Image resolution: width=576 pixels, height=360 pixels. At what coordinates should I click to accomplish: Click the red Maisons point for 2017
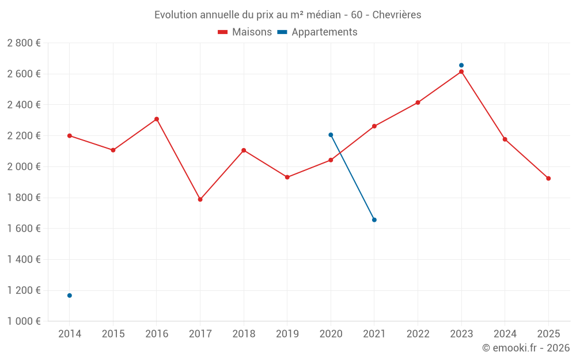click(x=200, y=199)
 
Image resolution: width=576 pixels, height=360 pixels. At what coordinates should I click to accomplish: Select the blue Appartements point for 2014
click(x=70, y=295)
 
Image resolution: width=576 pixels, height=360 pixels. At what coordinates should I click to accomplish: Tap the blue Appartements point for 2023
click(x=461, y=65)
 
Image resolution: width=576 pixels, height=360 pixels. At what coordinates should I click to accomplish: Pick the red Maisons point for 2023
click(x=461, y=71)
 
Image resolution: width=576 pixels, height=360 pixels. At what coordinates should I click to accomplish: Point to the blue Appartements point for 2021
click(x=374, y=220)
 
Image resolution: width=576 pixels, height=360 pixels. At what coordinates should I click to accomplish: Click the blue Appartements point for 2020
click(x=331, y=135)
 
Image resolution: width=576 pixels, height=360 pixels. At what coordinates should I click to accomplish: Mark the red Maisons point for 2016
click(x=157, y=119)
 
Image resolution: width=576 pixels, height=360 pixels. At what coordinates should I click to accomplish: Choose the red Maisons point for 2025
click(x=548, y=179)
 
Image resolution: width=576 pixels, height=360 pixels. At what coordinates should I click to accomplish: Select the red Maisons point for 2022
click(x=418, y=103)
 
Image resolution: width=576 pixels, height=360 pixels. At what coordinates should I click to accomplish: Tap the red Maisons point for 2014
click(x=70, y=136)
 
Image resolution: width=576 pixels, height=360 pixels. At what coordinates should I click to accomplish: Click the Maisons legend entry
click(x=245, y=32)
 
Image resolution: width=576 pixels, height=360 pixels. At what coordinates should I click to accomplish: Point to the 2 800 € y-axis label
click(x=24, y=43)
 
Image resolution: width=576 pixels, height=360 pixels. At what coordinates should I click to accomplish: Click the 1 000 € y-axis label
click(x=24, y=321)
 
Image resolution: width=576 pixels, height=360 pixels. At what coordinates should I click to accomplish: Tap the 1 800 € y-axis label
click(x=24, y=198)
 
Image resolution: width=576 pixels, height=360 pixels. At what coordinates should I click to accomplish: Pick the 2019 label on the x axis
click(x=287, y=334)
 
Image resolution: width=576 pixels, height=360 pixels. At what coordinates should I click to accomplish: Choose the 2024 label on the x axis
click(x=505, y=334)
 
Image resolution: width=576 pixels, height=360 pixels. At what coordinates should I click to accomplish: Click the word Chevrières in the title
click(x=397, y=15)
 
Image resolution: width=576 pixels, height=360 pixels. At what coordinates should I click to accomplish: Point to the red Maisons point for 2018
click(x=244, y=150)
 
